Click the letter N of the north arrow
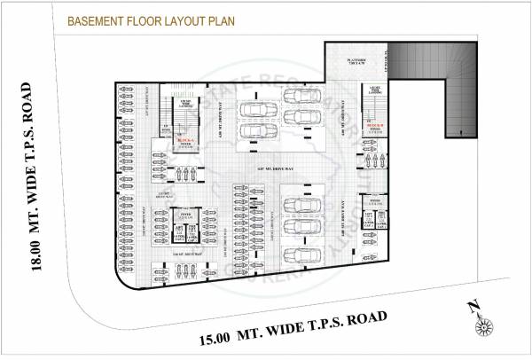(474, 307)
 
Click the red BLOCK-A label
(184, 141)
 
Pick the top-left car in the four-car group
(258, 113)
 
